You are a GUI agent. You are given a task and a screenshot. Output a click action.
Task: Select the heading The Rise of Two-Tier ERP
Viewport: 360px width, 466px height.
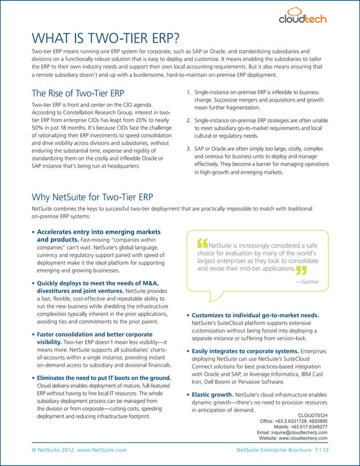coord(78,93)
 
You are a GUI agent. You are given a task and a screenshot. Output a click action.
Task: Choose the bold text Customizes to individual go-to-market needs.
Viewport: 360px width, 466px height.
coord(256,315)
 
